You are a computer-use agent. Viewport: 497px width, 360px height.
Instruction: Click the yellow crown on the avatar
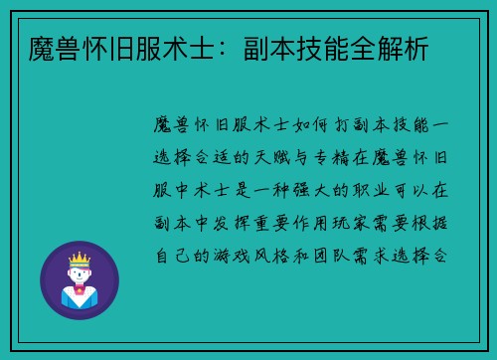point(79,260)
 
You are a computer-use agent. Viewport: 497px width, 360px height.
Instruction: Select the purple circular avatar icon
point(80,279)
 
